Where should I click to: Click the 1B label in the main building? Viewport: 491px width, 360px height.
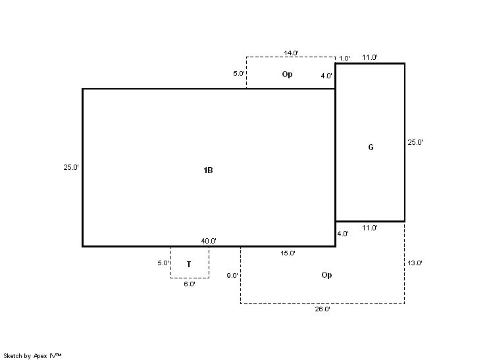point(208,170)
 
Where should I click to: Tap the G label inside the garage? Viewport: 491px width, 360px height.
point(371,147)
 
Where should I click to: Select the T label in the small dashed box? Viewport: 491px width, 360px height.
point(189,264)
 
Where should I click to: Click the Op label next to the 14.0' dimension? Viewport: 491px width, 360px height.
point(287,74)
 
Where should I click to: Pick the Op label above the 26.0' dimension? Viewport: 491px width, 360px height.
point(326,275)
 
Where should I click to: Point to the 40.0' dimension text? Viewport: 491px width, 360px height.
point(209,241)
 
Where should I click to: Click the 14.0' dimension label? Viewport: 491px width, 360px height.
point(291,53)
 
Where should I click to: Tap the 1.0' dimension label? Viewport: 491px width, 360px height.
point(344,58)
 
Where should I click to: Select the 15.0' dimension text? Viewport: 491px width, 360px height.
point(288,253)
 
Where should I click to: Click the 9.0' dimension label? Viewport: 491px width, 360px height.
point(232,276)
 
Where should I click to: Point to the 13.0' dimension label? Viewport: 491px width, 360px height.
point(415,263)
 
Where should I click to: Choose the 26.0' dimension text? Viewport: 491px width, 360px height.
point(323,309)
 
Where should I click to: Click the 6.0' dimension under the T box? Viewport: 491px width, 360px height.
point(190,284)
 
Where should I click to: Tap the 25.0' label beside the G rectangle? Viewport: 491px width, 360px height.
point(415,142)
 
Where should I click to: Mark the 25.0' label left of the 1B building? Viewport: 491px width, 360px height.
point(71,167)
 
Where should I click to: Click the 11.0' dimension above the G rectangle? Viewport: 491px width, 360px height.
point(370,57)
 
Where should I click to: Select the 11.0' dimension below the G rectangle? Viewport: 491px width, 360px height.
point(370,228)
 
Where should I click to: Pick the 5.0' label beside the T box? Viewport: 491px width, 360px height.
point(163,263)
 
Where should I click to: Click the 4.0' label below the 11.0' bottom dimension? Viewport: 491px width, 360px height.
point(343,234)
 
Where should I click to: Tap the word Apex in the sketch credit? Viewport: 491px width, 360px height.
point(40,356)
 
